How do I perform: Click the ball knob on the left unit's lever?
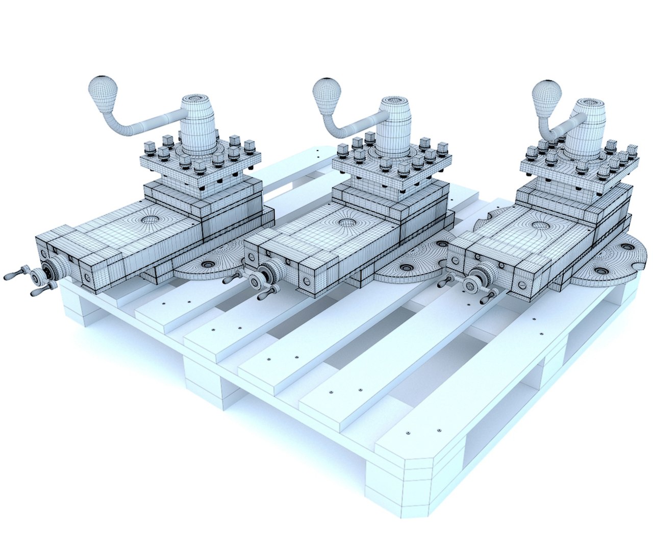[104, 91]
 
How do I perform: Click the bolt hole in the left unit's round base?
[207, 264]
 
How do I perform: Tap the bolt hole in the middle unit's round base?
[407, 267]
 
